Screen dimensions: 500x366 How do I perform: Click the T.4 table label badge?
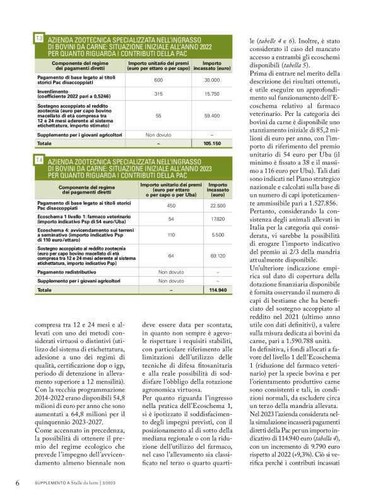39,162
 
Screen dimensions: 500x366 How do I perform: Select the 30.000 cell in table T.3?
211,80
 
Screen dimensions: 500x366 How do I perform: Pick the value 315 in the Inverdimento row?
158,93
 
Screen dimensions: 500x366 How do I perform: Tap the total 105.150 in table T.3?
211,144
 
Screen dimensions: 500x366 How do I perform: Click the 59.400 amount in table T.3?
211,116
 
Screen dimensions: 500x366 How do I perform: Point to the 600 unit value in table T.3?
158,80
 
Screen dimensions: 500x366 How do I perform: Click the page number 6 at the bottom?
16,483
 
